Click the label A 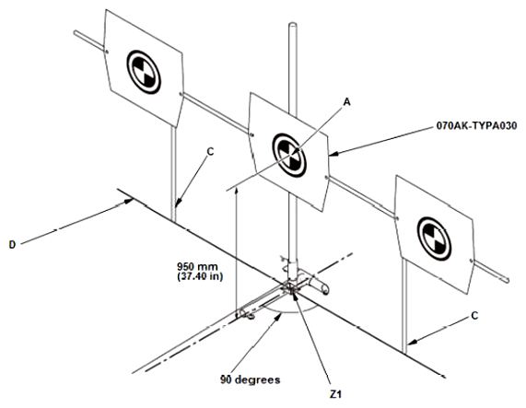click(x=347, y=101)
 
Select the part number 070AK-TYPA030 click(x=476, y=126)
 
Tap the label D click(x=12, y=245)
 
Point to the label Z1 click(x=335, y=394)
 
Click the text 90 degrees click(x=251, y=379)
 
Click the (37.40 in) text click(x=200, y=276)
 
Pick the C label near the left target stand click(x=210, y=152)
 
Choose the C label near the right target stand click(x=474, y=316)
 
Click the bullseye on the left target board click(x=144, y=72)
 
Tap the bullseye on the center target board click(x=289, y=155)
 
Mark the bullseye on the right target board click(x=434, y=239)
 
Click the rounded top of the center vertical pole click(x=293, y=25)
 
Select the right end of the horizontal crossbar click(x=508, y=280)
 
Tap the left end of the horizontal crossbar click(x=76, y=32)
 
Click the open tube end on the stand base click(x=325, y=289)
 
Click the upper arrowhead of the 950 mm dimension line click(x=237, y=191)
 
